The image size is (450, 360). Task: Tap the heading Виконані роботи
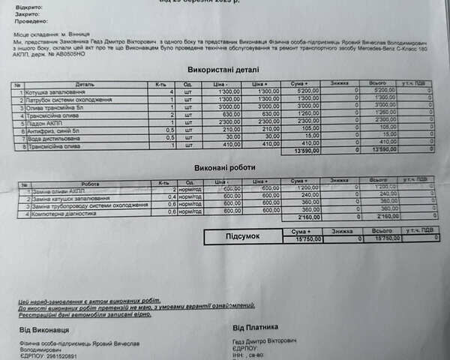[x=223, y=168]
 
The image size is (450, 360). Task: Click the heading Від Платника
[x=260, y=328]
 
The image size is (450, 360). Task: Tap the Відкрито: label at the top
[x=28, y=6]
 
